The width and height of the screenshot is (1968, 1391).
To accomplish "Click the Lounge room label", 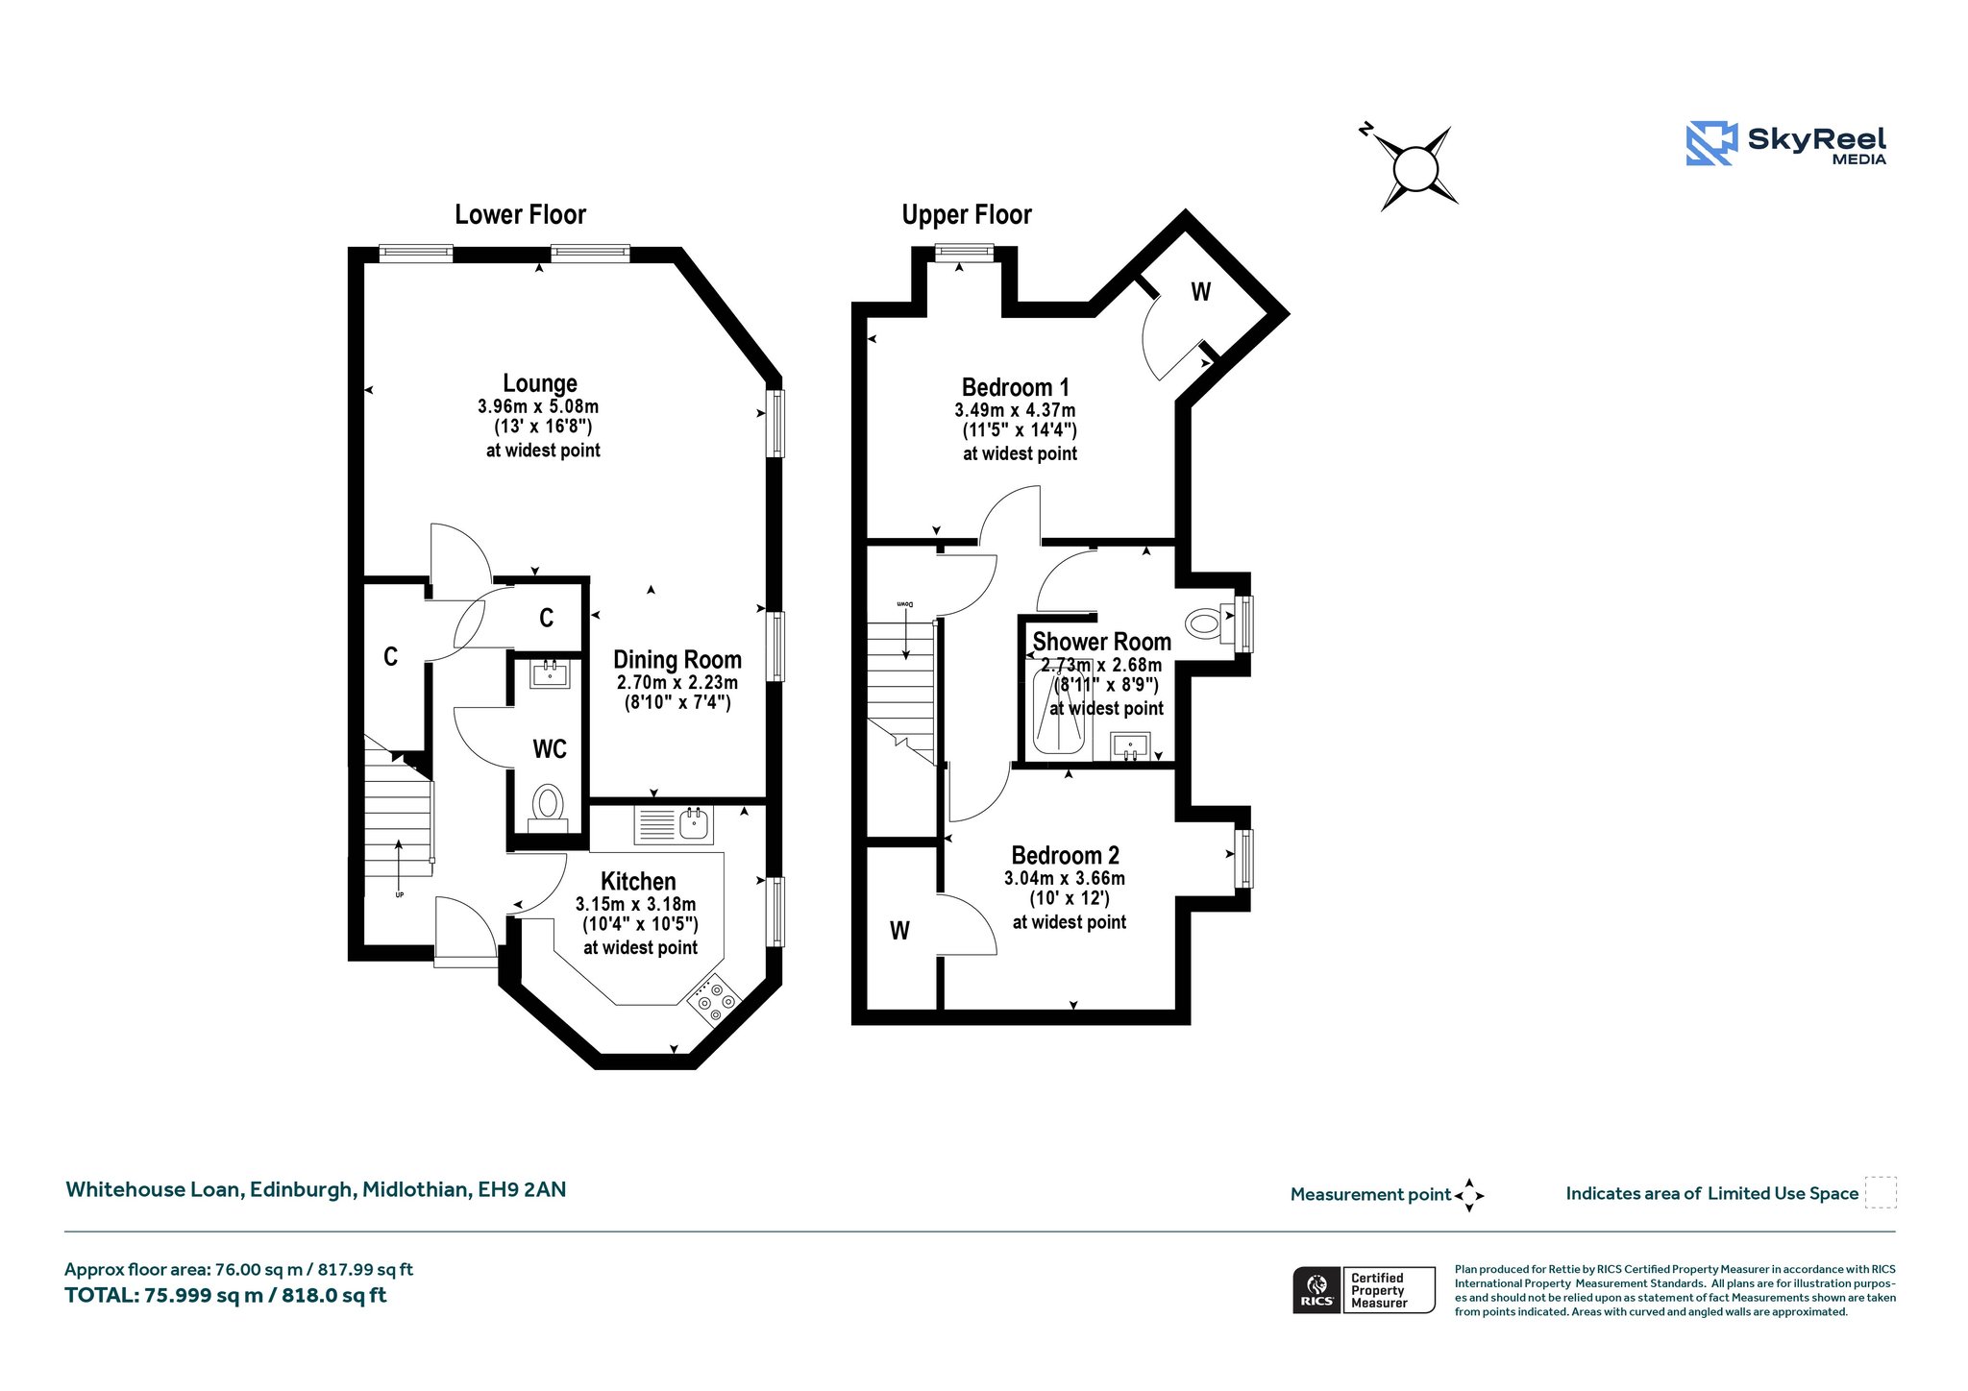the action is coord(540,384).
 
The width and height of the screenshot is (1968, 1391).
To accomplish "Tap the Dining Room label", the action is coord(677,660).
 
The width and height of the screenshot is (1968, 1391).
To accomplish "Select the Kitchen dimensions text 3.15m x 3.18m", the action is coord(636,904).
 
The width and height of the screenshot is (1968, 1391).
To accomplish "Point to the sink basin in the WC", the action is coord(550,674).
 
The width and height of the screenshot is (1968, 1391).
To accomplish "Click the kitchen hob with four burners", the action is coord(714,1000).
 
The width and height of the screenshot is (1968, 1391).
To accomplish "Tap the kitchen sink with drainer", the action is coord(674,824).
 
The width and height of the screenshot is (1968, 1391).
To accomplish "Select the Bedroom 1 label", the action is coord(1016,387).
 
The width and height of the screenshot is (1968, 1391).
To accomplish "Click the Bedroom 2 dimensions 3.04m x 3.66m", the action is coord(1065,878).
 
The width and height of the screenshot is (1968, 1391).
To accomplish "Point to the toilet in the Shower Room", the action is coord(1205,624).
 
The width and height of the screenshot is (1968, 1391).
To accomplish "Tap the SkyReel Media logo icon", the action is coord(1711,143).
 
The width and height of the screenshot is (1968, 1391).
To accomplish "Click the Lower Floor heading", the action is coord(520,214).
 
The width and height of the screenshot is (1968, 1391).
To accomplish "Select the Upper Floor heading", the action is coord(967,214).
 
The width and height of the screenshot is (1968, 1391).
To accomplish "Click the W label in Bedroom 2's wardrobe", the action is coord(899,930).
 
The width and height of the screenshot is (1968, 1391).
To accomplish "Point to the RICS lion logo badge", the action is coord(1316,1289).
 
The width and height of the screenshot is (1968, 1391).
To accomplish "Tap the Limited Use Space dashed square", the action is coord(1881,1192).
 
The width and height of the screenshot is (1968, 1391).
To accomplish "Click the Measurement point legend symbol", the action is coord(1469,1195).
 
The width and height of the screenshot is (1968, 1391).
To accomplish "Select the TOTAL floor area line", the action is coord(226,1295).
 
